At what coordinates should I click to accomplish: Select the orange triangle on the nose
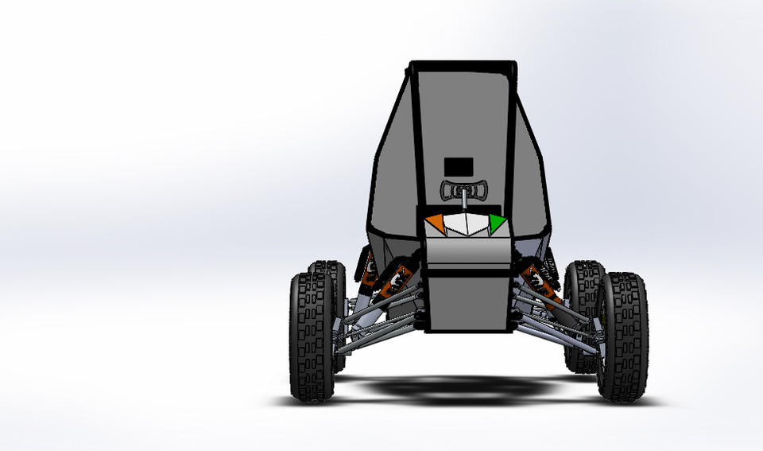(436, 223)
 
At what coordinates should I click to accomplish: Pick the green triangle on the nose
(496, 224)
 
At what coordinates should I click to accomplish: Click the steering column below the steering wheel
(463, 204)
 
